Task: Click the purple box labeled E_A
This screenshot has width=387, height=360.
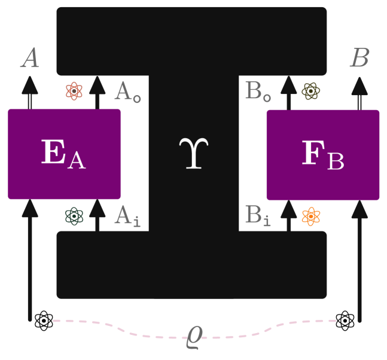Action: click(64, 154)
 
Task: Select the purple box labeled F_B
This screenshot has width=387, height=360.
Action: click(322, 154)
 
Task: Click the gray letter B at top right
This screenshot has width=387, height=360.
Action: click(359, 59)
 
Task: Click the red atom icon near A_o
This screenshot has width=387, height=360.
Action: click(74, 91)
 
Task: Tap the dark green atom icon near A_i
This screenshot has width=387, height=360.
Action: click(74, 216)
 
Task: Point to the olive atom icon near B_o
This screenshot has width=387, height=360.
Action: click(310, 91)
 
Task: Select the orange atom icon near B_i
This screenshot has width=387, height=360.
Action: click(310, 216)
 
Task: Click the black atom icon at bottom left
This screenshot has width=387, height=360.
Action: click(44, 321)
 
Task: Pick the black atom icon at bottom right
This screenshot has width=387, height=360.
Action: click(345, 321)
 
